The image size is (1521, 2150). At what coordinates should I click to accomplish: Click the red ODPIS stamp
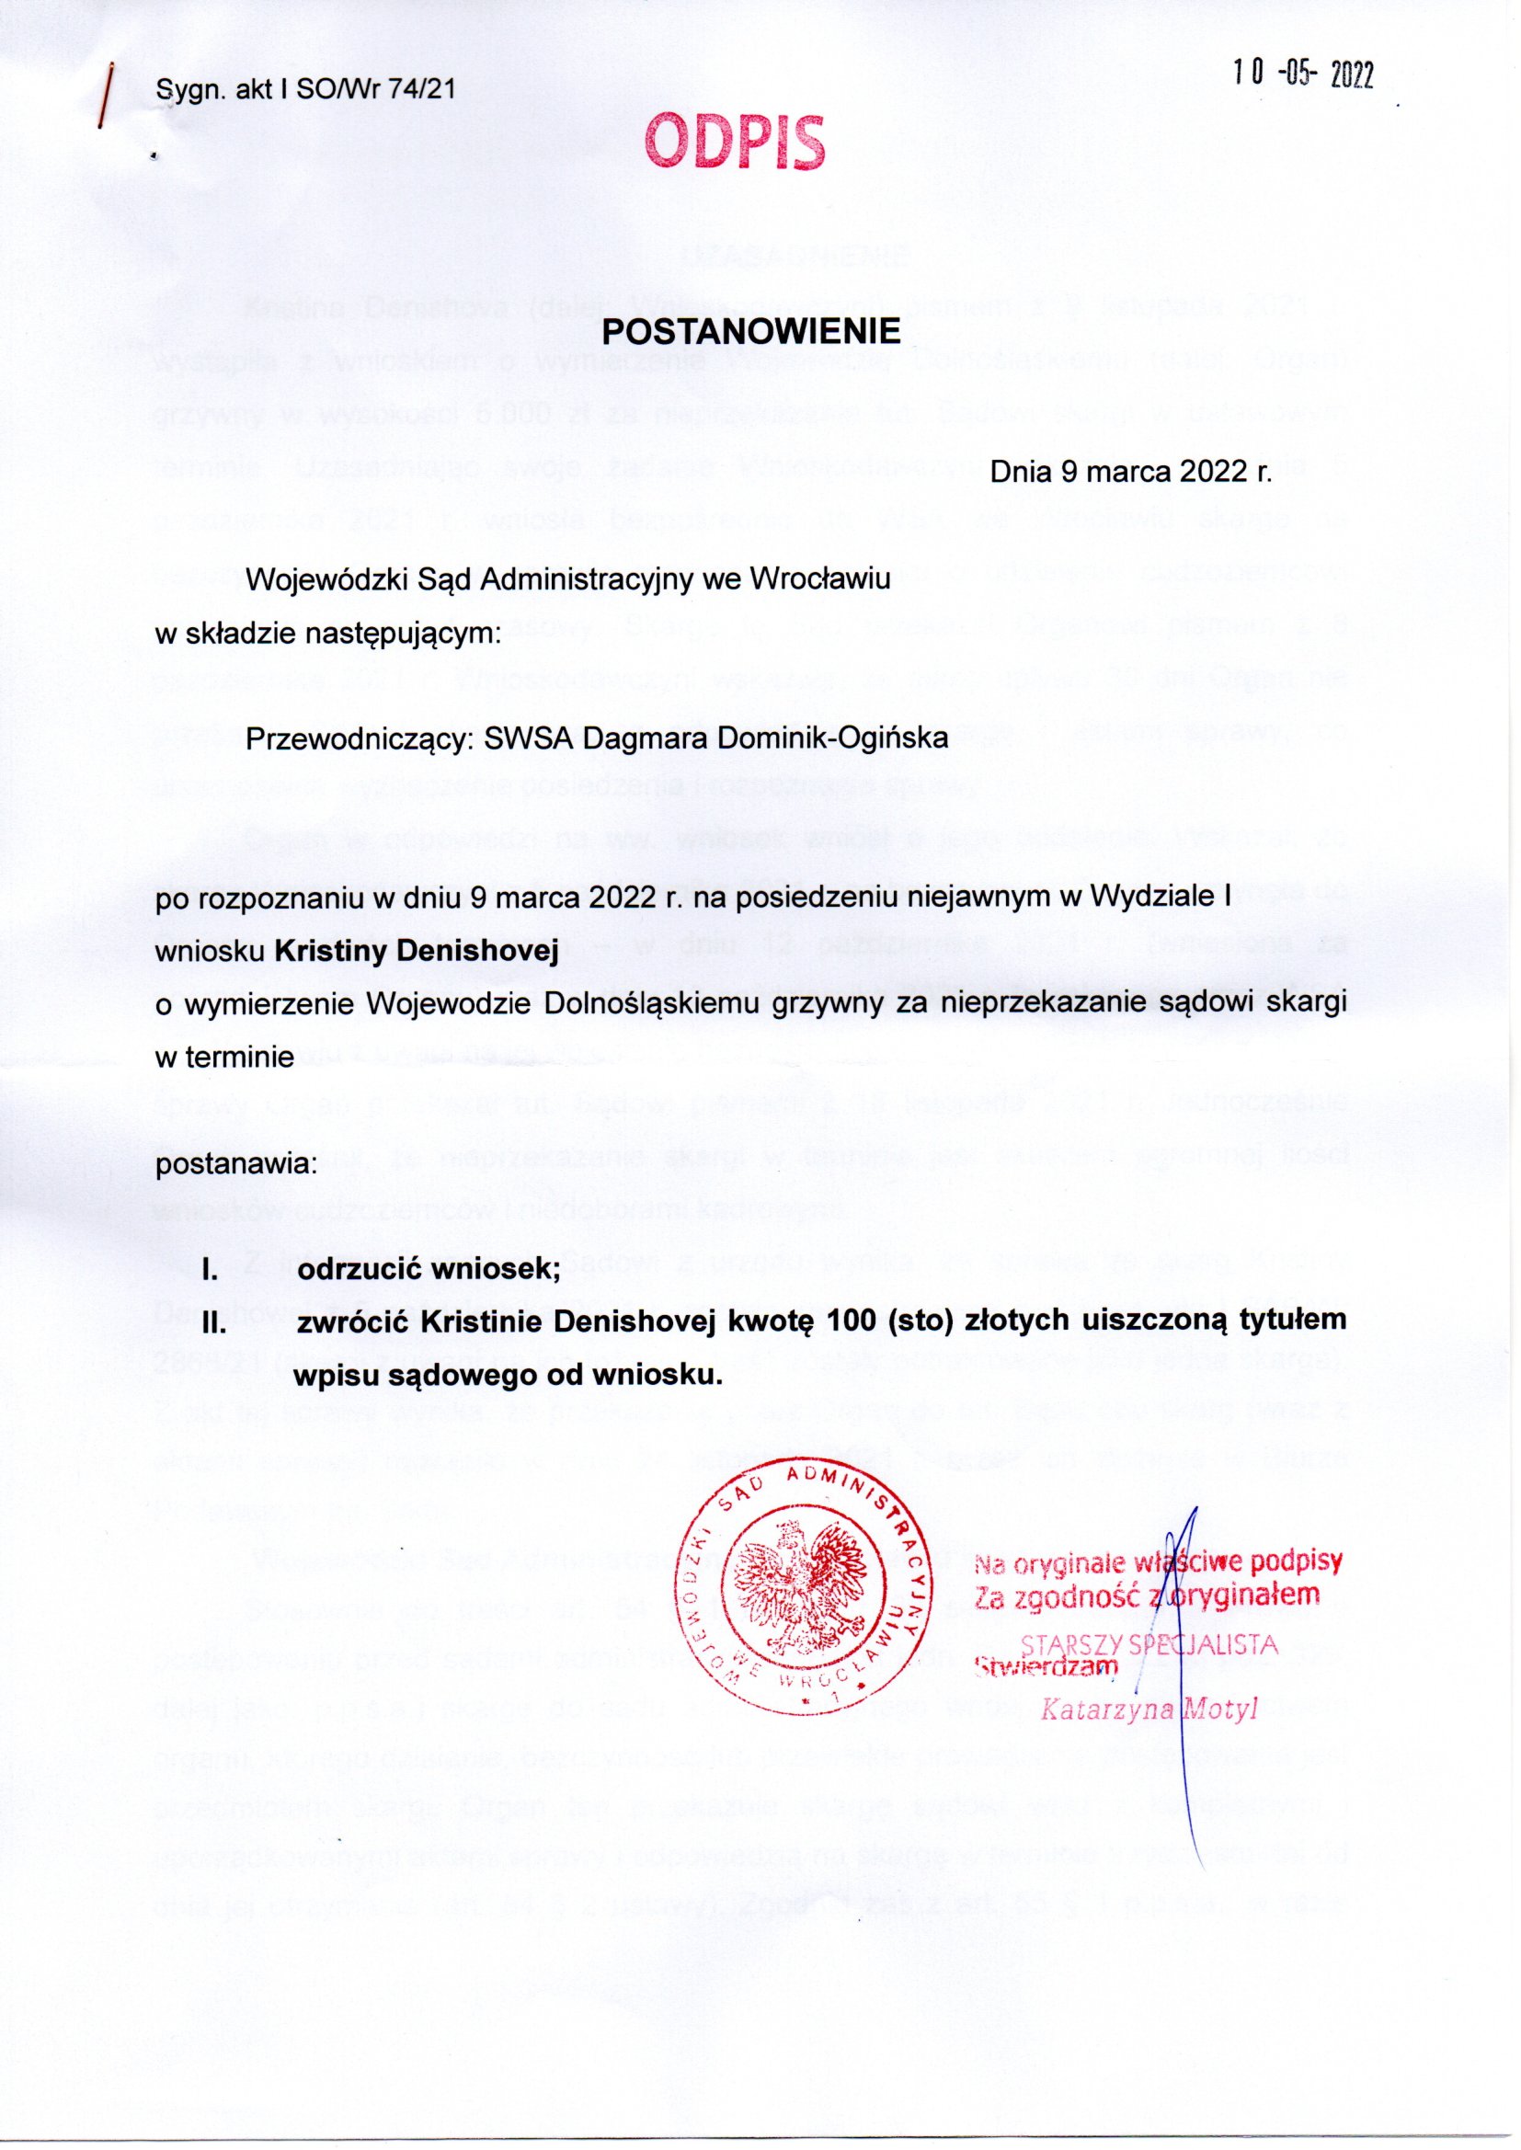(x=736, y=143)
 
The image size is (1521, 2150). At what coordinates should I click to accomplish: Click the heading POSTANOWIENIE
(x=750, y=331)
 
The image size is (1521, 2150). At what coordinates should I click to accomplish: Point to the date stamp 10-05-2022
(x=1303, y=74)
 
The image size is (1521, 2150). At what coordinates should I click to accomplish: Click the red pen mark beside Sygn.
(x=109, y=94)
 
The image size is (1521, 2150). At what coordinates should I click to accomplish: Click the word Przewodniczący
(x=360, y=738)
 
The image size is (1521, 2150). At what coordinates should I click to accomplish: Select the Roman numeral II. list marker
(x=216, y=1322)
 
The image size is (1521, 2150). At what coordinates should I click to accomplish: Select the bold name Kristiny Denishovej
(x=417, y=952)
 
